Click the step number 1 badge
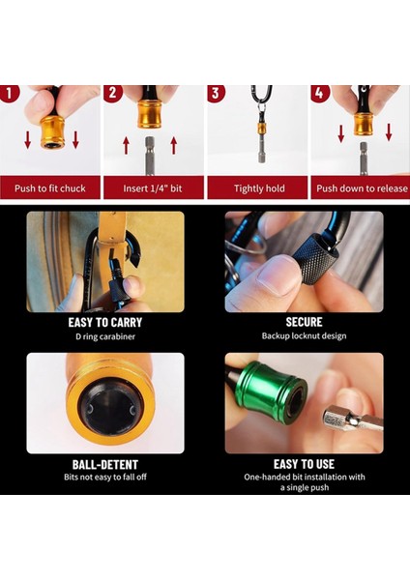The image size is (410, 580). pos(10,95)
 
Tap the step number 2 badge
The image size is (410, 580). pos(113,95)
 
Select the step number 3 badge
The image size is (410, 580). pos(217,95)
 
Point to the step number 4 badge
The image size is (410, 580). pos(320,95)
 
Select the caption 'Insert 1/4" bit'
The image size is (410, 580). pos(154,188)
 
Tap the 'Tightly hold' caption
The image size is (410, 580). pos(256,188)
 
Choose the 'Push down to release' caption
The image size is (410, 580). pos(358,188)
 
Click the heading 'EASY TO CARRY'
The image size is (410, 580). pos(105,322)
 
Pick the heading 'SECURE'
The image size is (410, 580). pos(304,322)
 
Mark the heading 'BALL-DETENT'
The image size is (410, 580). pos(105,464)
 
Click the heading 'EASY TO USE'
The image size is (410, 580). pos(304,464)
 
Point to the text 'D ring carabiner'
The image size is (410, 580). pos(105,335)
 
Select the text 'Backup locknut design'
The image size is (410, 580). pos(304,335)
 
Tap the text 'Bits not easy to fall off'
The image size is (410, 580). pos(105,478)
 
